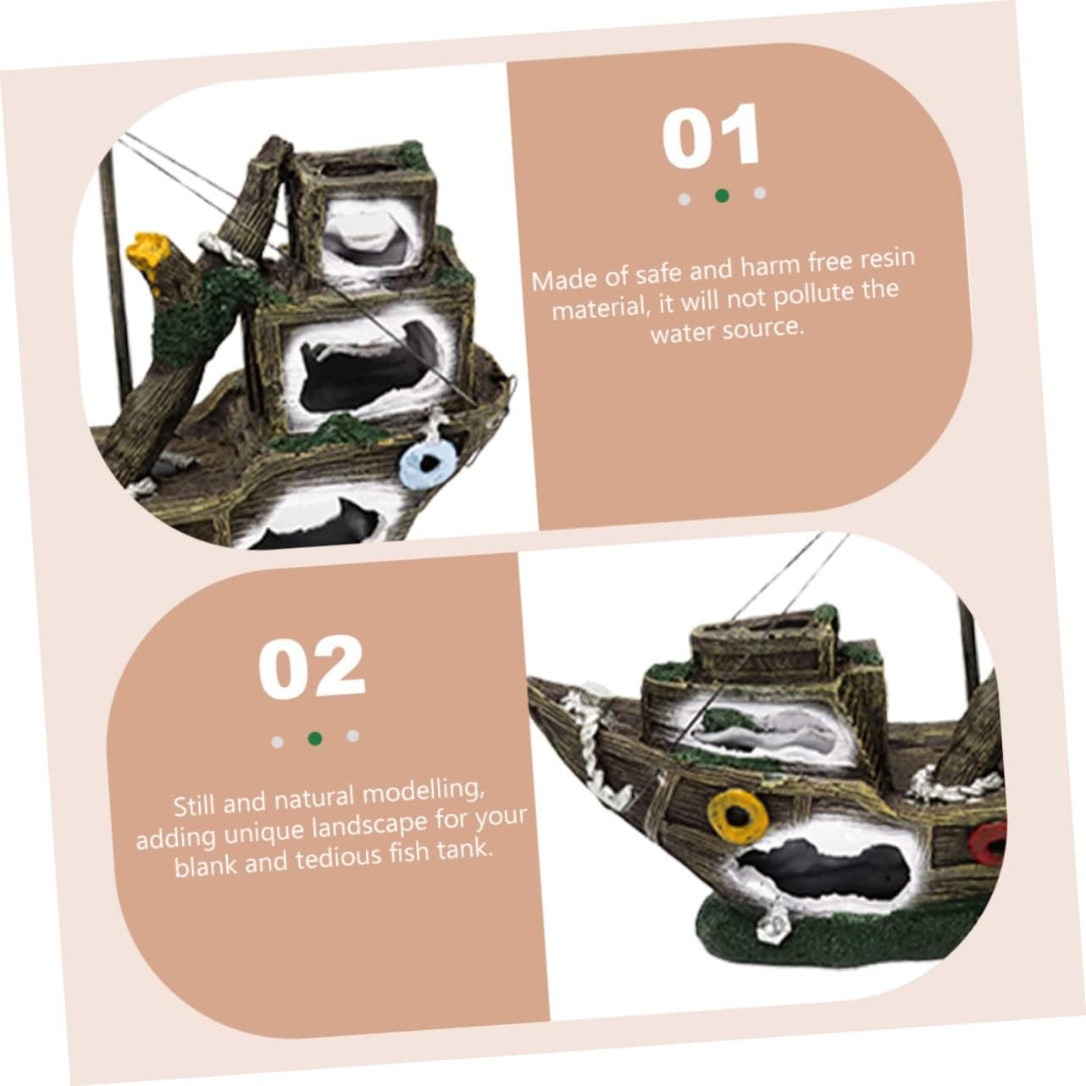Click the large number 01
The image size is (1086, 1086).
[x=711, y=137]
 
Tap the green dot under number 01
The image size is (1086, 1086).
[x=722, y=196]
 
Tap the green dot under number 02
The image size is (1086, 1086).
[x=315, y=739]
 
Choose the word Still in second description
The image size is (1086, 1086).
[x=195, y=804]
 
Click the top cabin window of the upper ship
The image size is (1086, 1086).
[x=366, y=231]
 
